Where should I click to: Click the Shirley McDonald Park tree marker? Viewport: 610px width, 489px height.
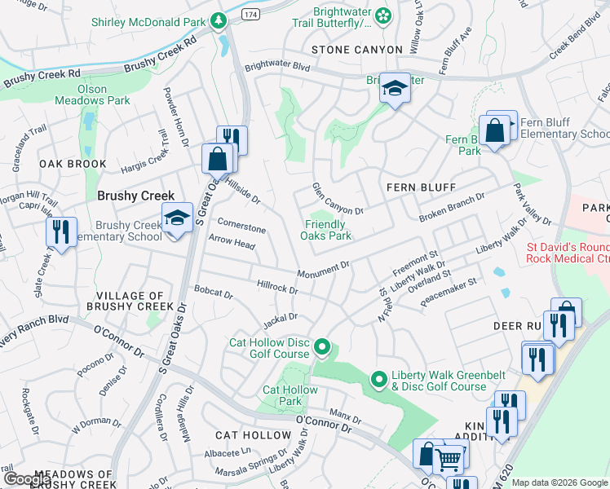(218, 20)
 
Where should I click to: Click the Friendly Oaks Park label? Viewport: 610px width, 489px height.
(328, 231)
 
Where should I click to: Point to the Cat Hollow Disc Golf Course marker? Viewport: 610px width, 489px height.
(322, 348)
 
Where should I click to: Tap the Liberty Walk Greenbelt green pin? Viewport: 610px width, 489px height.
(378, 380)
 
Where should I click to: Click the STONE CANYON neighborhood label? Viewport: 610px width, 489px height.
(356, 50)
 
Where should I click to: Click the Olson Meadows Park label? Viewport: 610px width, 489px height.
(92, 95)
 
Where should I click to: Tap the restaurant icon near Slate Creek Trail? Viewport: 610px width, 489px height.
(61, 231)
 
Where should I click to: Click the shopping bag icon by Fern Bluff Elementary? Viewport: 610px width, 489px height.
(494, 130)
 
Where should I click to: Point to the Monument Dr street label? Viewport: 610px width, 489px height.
(323, 269)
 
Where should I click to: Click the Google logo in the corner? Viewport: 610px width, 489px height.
(27, 479)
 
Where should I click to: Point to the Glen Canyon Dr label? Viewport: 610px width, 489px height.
(337, 200)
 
